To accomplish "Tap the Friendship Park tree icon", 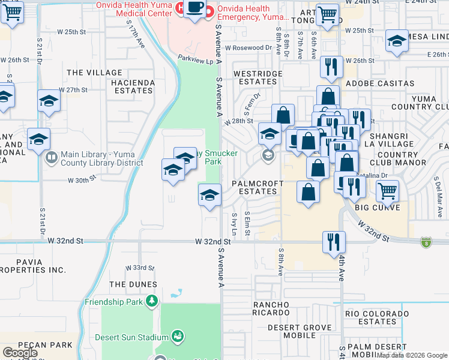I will coord(152,300).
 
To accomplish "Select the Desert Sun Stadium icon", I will coord(177,336).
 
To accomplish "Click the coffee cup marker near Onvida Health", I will coord(194,8).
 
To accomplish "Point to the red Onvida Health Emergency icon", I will coord(209,11).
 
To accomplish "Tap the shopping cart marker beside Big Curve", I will coord(387,191).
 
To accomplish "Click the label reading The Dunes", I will coord(133,284).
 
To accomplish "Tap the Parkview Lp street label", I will coord(195,61).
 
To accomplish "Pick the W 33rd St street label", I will coord(140,268).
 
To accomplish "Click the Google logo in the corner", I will coord(20,353).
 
